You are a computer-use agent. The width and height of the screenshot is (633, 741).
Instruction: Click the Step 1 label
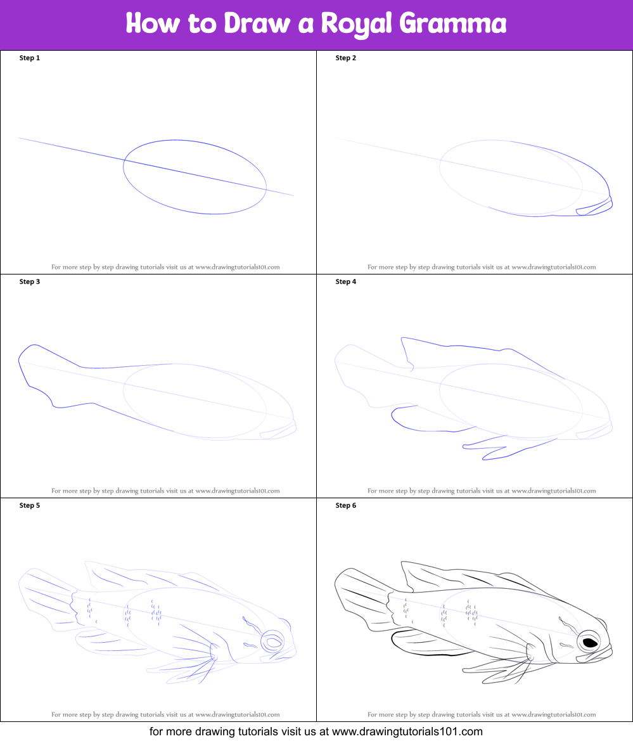(x=30, y=58)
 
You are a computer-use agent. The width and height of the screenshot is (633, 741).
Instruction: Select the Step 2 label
(x=346, y=58)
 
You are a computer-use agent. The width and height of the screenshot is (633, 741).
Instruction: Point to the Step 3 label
(x=30, y=282)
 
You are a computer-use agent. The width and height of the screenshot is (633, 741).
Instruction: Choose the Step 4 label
(x=346, y=282)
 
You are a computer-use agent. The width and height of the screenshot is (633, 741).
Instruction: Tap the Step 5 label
(x=30, y=506)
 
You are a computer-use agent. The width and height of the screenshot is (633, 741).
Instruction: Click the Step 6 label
(x=346, y=506)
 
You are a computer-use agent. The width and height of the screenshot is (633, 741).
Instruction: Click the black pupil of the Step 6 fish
(x=590, y=643)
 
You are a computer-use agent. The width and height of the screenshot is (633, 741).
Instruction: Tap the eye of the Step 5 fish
(x=274, y=641)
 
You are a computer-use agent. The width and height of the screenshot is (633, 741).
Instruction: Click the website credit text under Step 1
(x=165, y=267)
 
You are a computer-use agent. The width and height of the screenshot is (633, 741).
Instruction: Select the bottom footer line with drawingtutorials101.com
(x=316, y=731)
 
